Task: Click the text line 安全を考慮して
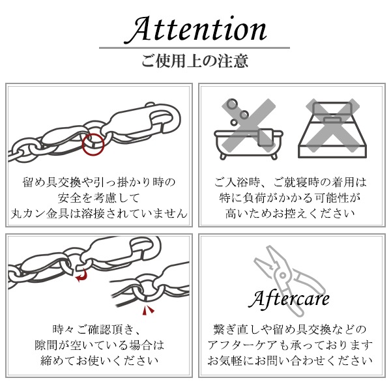98,197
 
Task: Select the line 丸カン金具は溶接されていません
98,213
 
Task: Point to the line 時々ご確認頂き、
98,328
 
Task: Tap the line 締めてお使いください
98,360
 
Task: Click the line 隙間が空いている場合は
98,345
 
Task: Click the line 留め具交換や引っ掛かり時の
98,181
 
